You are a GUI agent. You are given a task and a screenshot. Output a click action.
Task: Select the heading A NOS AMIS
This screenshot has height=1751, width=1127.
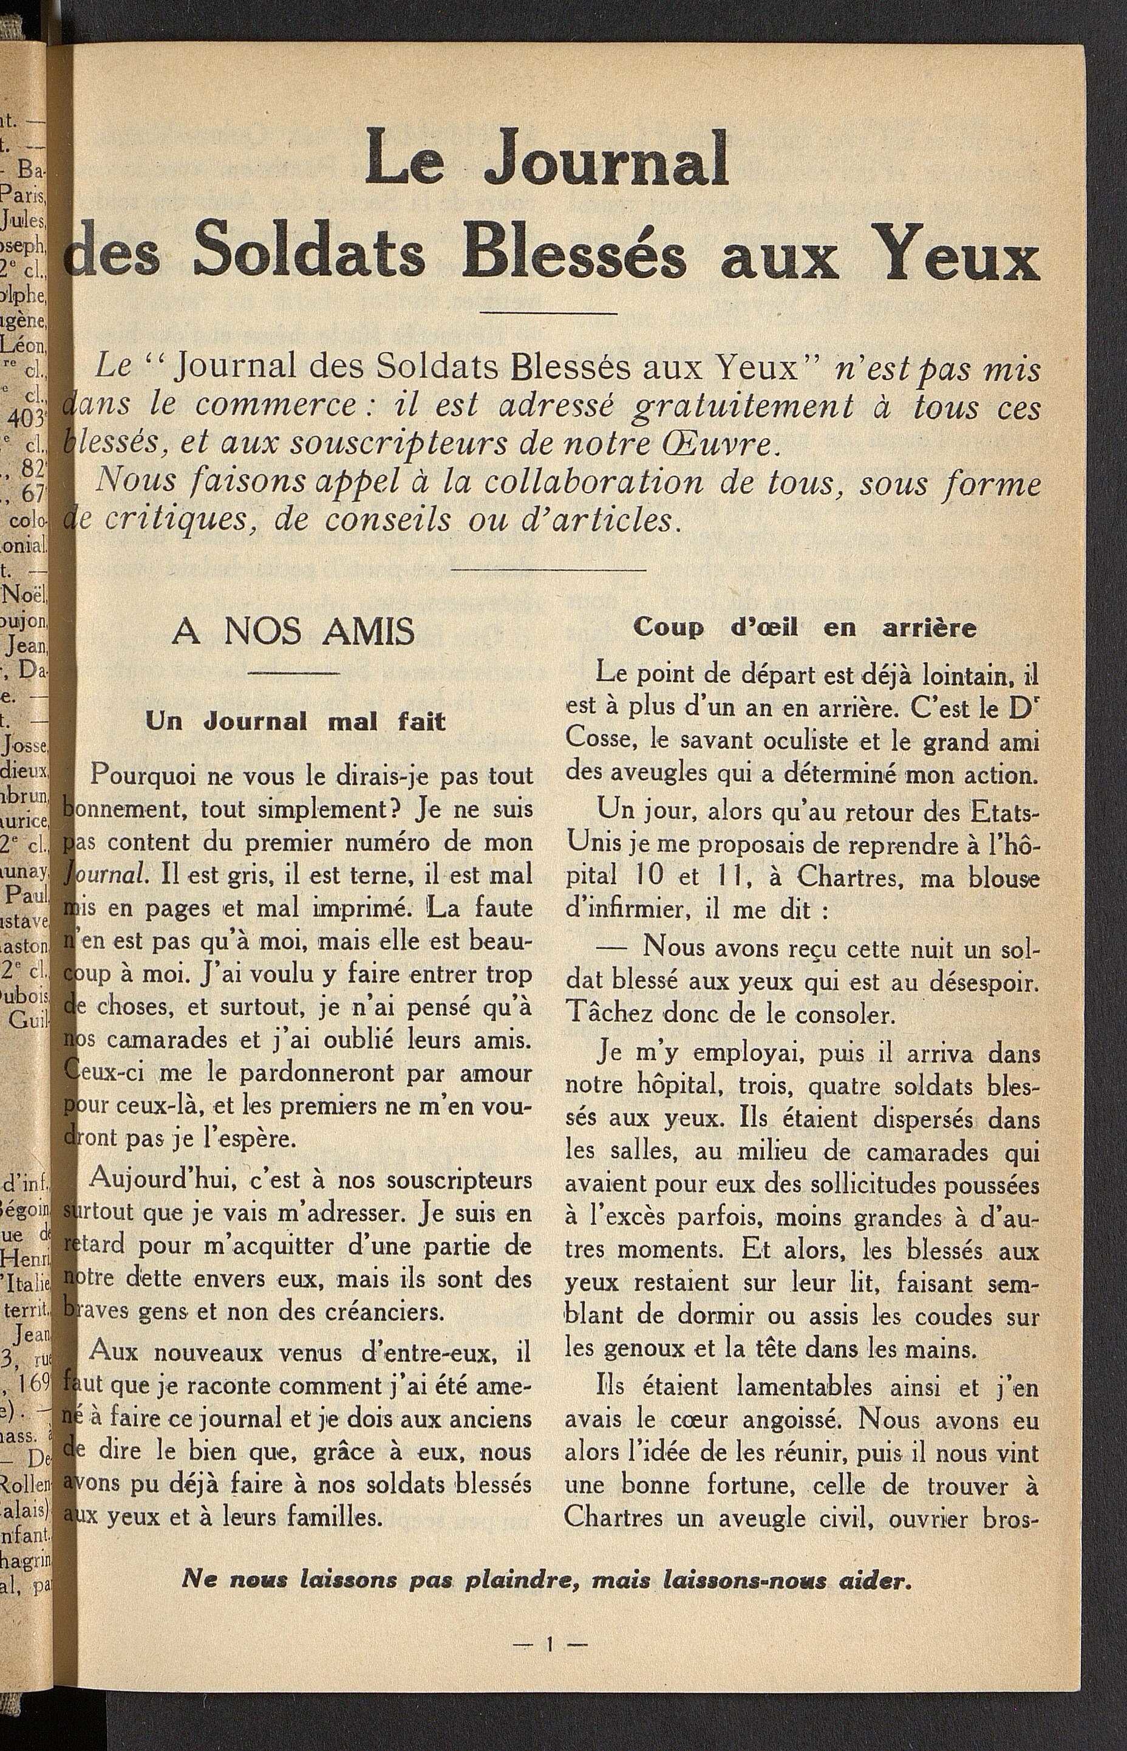[x=293, y=632]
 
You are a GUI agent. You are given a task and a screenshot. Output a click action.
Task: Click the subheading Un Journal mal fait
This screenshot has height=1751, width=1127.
[x=296, y=721]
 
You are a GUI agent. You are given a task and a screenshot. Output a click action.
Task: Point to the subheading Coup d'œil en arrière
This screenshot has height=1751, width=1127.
[x=805, y=628]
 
